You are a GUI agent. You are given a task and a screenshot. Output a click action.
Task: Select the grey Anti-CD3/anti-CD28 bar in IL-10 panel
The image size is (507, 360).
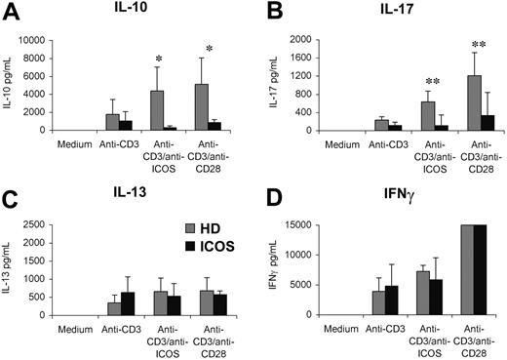click(203, 107)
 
